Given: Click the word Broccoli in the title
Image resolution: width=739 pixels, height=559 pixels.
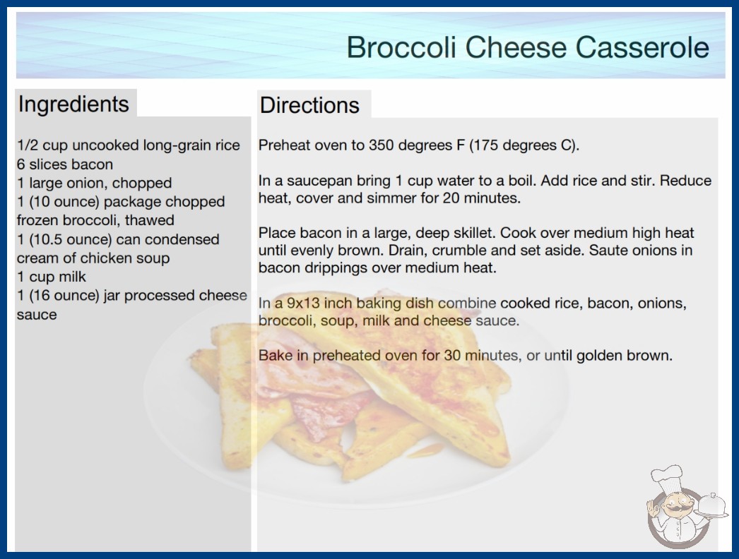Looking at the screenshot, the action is pyautogui.click(x=401, y=47).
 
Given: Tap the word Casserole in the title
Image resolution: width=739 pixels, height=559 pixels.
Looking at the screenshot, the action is pyautogui.click(x=642, y=47).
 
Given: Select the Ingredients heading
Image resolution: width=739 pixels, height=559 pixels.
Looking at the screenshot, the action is pyautogui.click(x=73, y=104).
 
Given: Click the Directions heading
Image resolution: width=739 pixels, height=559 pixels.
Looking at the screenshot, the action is pyautogui.click(x=309, y=105).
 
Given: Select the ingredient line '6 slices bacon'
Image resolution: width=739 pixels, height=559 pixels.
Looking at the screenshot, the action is pyautogui.click(x=65, y=164).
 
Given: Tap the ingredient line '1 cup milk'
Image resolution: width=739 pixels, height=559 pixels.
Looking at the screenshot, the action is pyautogui.click(x=52, y=277).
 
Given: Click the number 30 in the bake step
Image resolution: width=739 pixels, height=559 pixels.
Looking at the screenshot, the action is pyautogui.click(x=452, y=355).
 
